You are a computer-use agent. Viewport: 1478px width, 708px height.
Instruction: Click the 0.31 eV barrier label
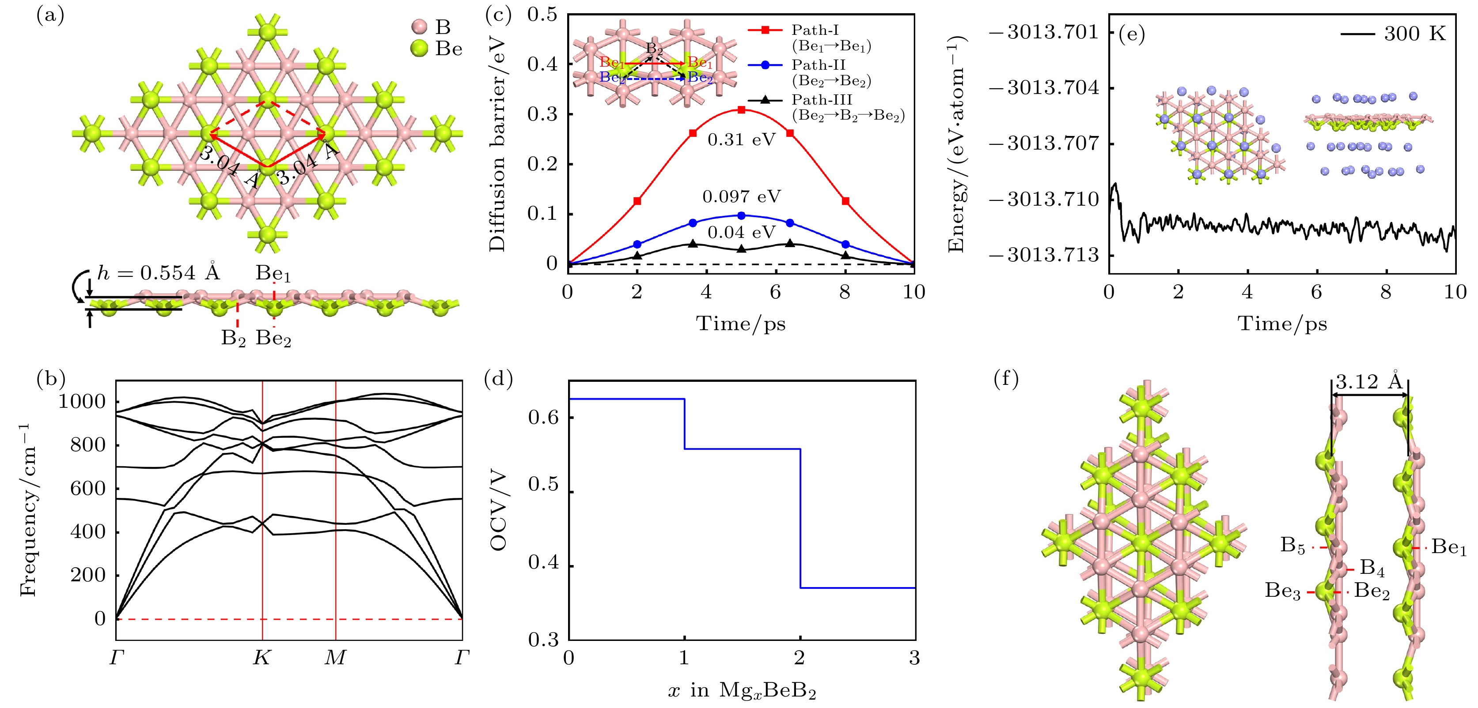pyautogui.click(x=741, y=140)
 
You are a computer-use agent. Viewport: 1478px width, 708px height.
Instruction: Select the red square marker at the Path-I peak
pyautogui.click(x=741, y=109)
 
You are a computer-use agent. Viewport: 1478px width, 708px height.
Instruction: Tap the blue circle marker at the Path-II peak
pyautogui.click(x=741, y=215)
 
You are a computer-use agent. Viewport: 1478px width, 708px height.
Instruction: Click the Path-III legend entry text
pyautogui.click(x=822, y=100)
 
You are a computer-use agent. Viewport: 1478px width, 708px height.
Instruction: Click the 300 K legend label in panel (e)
pyautogui.click(x=1414, y=34)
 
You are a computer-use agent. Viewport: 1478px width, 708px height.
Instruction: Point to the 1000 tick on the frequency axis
pyautogui.click(x=83, y=401)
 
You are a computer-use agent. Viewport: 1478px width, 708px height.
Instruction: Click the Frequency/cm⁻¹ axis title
pyautogui.click(x=27, y=510)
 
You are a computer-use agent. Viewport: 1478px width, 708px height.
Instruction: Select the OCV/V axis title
pyautogui.click(x=498, y=510)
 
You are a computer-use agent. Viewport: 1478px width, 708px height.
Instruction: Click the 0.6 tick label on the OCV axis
pyautogui.click(x=543, y=417)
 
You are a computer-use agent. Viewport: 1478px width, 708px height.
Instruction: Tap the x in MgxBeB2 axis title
pyautogui.click(x=741, y=691)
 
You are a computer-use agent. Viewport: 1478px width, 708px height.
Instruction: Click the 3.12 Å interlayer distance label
pyautogui.click(x=1369, y=382)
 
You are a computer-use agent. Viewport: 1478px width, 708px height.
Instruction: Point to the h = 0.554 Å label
pyautogui.click(x=158, y=273)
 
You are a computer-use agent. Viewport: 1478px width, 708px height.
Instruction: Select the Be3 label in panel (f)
pyautogui.click(x=1283, y=591)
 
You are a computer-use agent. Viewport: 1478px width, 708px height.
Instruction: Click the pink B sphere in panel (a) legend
pyautogui.click(x=420, y=26)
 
